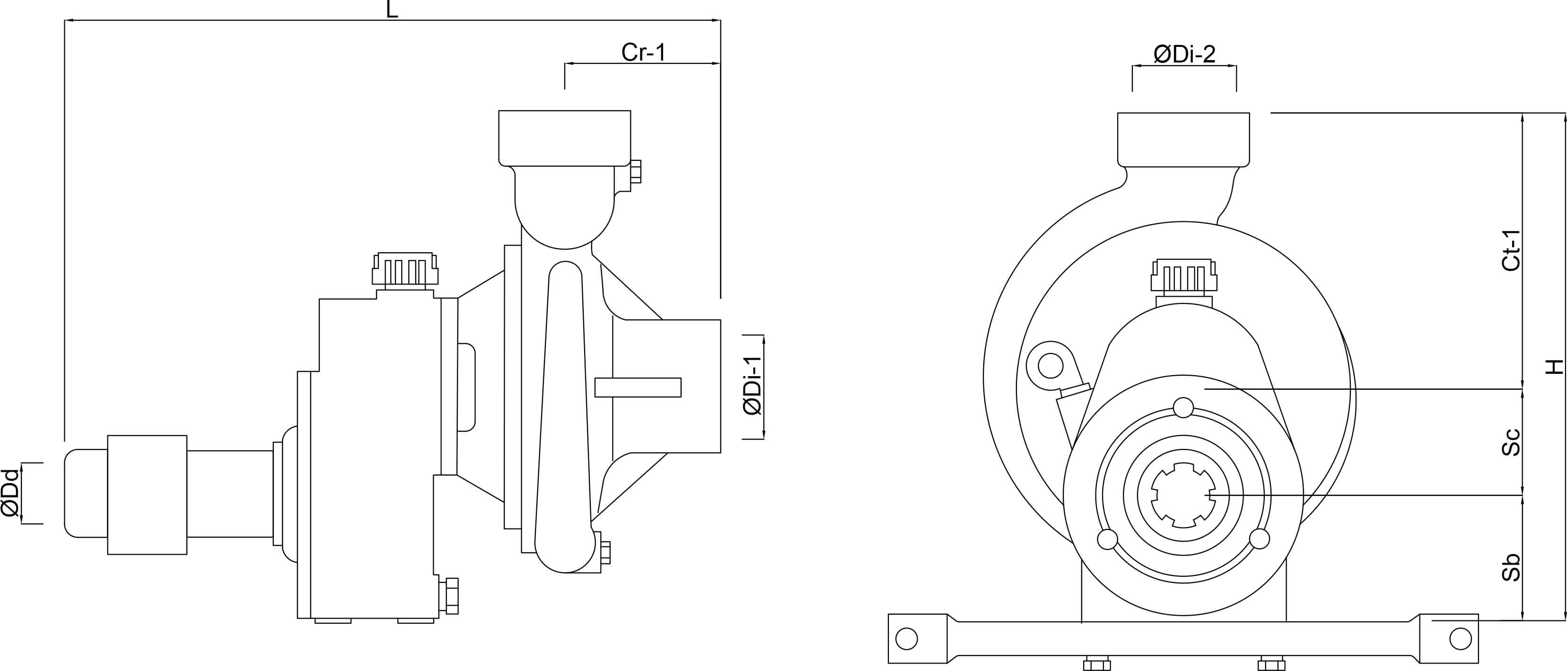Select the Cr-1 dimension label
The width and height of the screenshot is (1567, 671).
click(644, 53)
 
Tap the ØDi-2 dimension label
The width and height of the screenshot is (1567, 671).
click(1184, 55)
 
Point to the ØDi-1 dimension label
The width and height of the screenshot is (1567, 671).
click(753, 386)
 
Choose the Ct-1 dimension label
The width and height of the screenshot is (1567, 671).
click(1511, 250)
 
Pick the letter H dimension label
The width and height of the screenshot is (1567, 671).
click(1555, 367)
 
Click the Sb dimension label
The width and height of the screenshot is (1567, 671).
click(1511, 567)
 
